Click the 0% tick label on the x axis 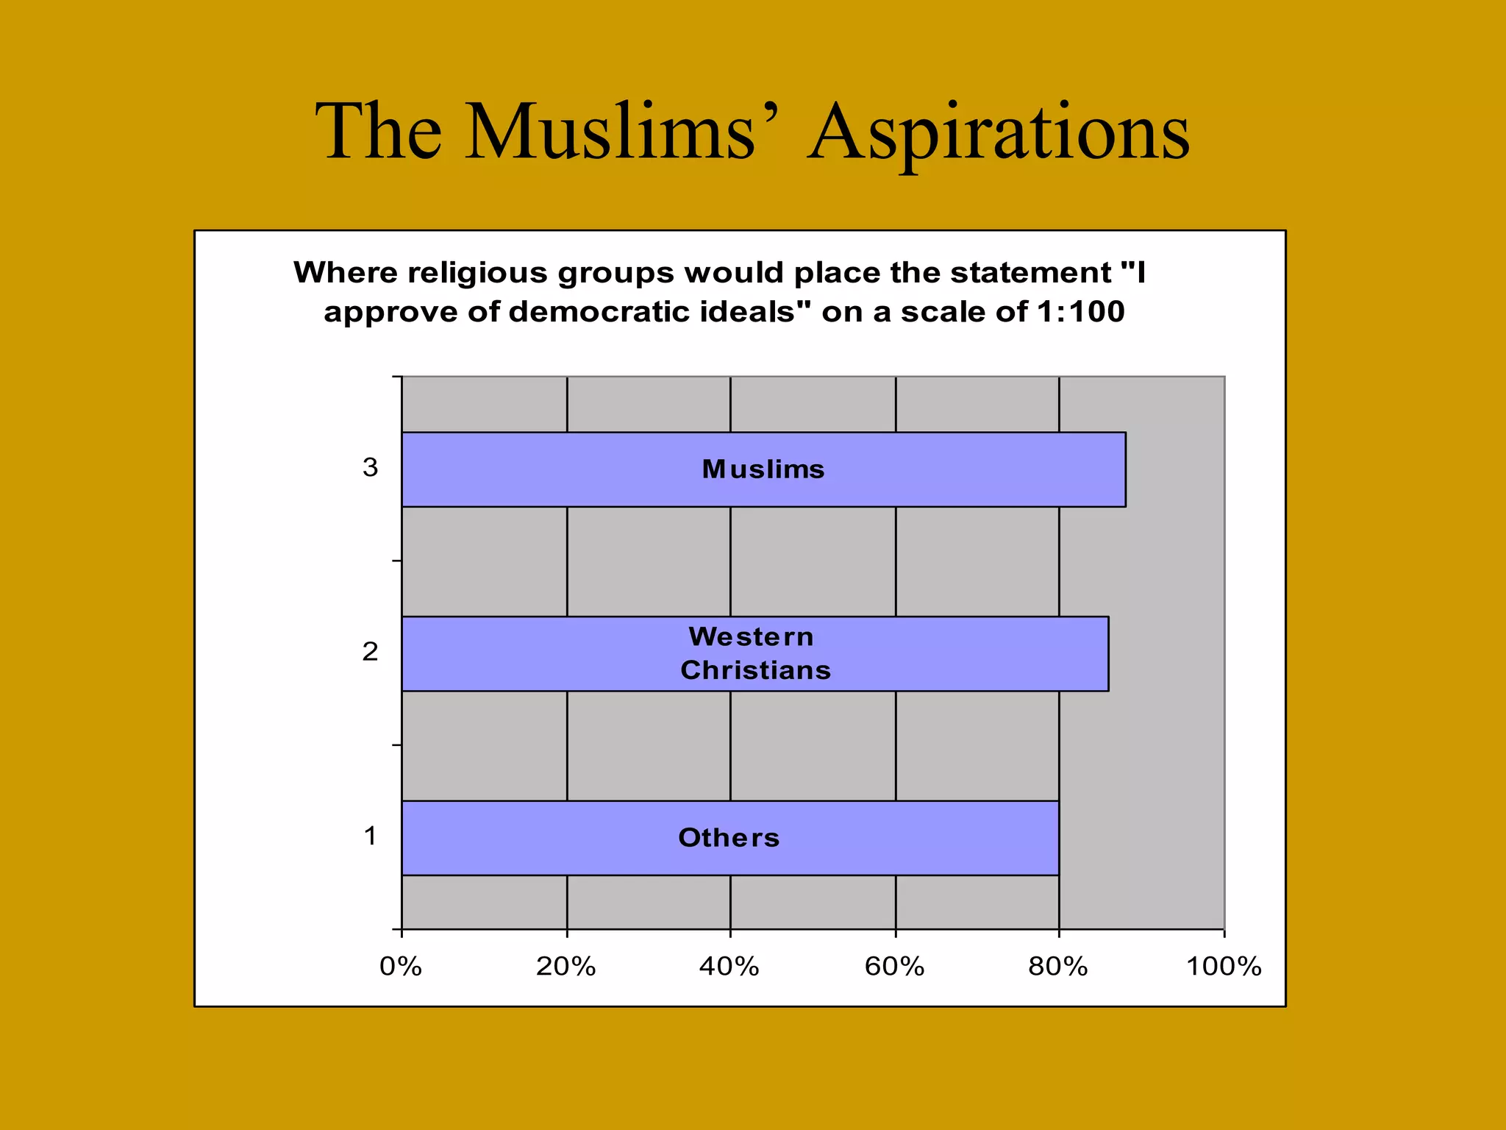click(x=401, y=966)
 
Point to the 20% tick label click(x=565, y=966)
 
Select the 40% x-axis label click(x=729, y=966)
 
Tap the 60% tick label click(x=894, y=966)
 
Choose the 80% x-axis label click(x=1057, y=966)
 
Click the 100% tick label click(x=1224, y=966)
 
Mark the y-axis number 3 click(x=370, y=468)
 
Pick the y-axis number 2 click(x=370, y=652)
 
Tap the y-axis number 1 click(x=371, y=836)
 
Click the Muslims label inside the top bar click(x=763, y=469)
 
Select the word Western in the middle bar click(x=751, y=636)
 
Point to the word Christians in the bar click(x=755, y=670)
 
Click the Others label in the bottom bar click(x=729, y=838)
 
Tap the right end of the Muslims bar click(x=1124, y=469)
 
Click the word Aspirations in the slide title click(x=998, y=132)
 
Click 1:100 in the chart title click(x=1080, y=312)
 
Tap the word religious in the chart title click(x=477, y=274)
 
